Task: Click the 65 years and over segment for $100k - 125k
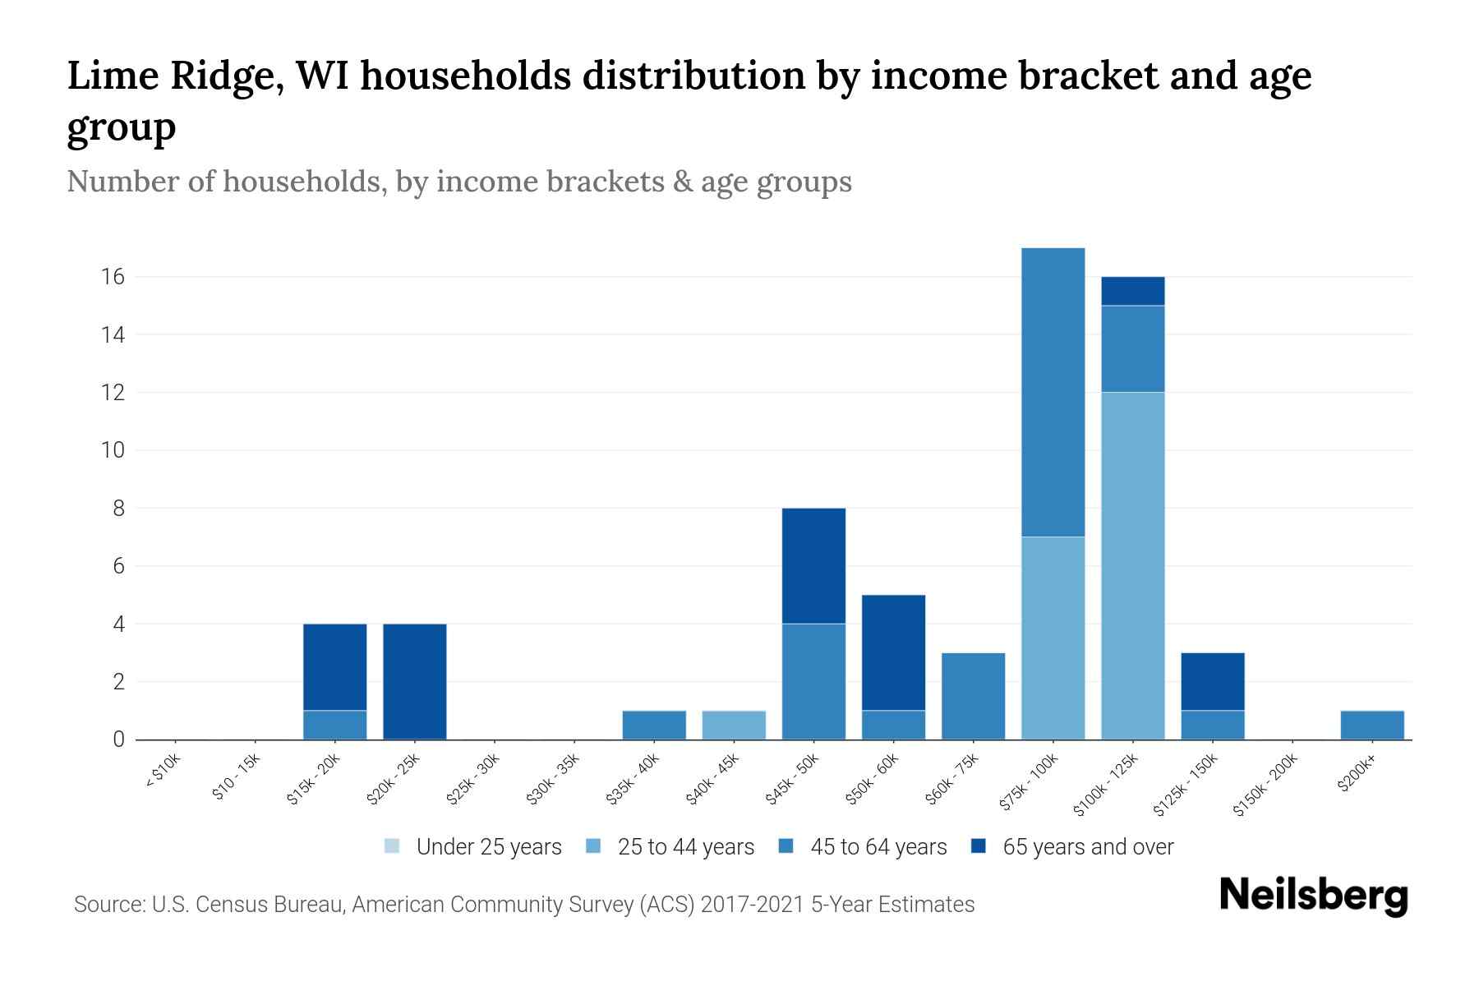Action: coord(1132,291)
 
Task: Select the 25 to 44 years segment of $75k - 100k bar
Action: coord(1053,638)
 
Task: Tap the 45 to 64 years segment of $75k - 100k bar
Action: coord(1053,392)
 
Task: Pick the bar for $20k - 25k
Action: coord(415,681)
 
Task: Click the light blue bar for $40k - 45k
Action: coord(734,725)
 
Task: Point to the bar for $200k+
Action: coord(1371,725)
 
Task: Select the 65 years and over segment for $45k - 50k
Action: coord(813,565)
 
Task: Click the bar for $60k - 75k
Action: coord(973,696)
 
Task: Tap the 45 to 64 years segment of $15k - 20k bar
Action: coord(335,725)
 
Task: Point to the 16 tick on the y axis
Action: coord(113,277)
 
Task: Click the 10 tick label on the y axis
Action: coord(113,450)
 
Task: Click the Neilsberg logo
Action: coord(1313,896)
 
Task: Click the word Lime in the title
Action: coord(113,76)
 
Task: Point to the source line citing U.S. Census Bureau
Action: coord(523,905)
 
